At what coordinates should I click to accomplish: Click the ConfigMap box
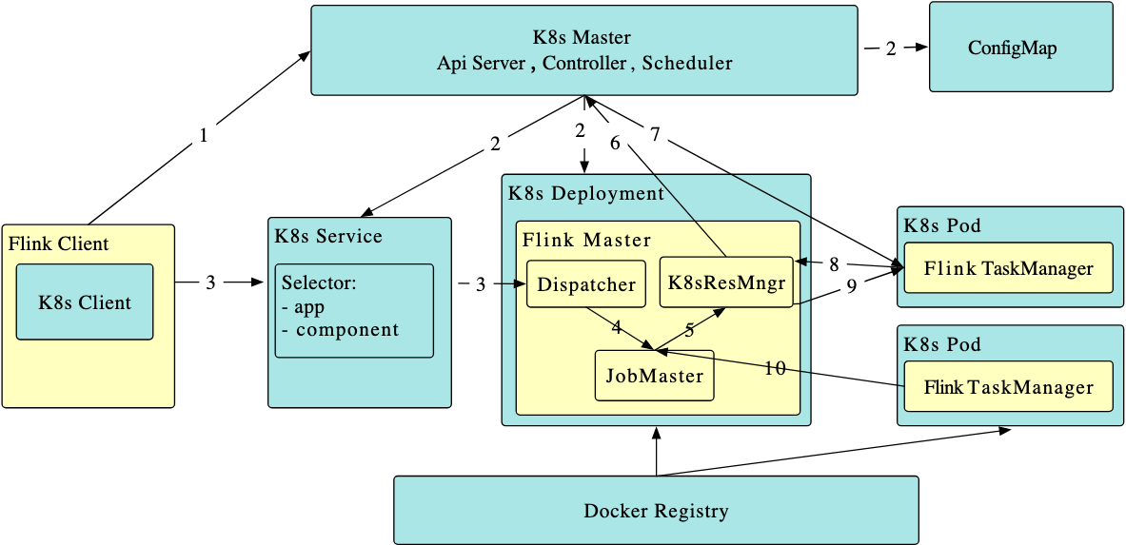click(1020, 48)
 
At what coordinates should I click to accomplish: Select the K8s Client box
click(85, 302)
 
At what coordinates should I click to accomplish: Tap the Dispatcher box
click(586, 284)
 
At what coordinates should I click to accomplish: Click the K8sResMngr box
click(726, 282)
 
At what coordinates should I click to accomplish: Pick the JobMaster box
click(654, 375)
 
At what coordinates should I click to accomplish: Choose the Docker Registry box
click(656, 511)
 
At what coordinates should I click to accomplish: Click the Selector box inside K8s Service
click(354, 310)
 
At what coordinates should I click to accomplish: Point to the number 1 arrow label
click(203, 137)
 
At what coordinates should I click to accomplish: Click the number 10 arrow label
click(776, 368)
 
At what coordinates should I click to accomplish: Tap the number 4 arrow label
click(617, 327)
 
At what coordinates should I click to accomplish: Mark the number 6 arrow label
click(615, 144)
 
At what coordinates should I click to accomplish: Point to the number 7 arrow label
click(655, 134)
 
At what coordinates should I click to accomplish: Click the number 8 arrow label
click(835, 264)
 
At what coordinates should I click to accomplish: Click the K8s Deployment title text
click(586, 194)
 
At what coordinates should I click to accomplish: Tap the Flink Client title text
click(58, 243)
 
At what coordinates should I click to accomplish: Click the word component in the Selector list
click(346, 330)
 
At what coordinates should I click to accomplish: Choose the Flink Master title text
click(586, 240)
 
